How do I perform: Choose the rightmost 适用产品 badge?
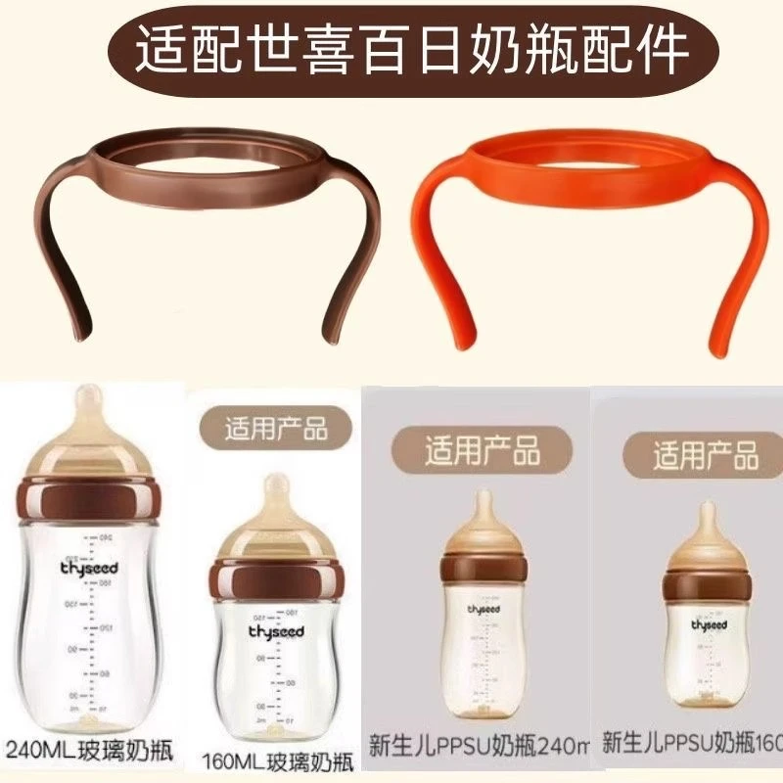pos(705,455)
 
